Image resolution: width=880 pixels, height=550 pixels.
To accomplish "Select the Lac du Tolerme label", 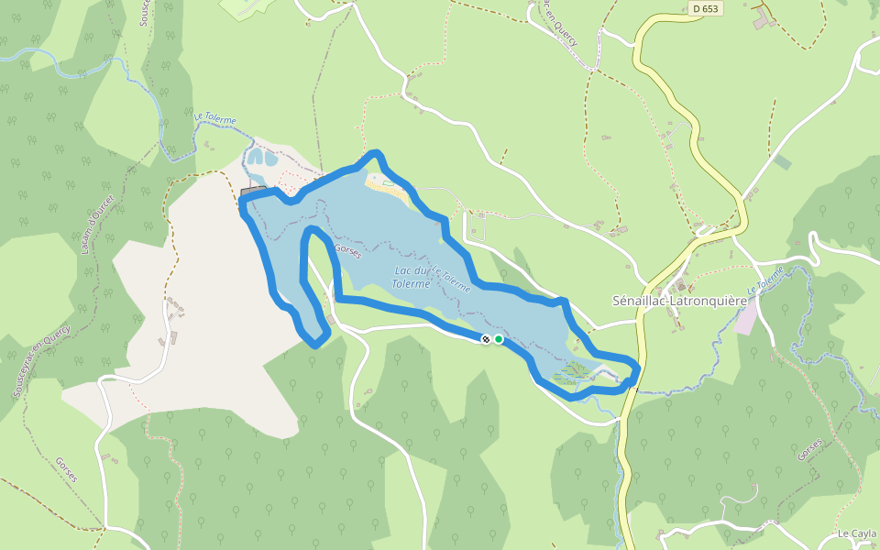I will coord(412,277).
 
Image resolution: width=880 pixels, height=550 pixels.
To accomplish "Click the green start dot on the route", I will coord(499,339).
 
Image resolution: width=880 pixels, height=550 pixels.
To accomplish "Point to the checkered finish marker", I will coord(486,339).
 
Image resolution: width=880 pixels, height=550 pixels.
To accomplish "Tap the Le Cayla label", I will coord(857,533).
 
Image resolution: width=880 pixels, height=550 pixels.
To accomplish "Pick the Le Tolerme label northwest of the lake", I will coord(214,119).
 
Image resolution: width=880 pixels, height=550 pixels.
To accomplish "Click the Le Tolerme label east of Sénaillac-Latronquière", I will coord(765,280).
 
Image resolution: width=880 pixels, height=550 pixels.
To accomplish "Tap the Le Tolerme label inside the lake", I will coord(451,279).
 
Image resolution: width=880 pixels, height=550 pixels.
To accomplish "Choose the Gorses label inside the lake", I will coord(349,251).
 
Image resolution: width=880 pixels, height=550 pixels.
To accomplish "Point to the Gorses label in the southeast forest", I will coord(809,450).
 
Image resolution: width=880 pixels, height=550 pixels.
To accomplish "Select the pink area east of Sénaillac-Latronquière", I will coord(747,317).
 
